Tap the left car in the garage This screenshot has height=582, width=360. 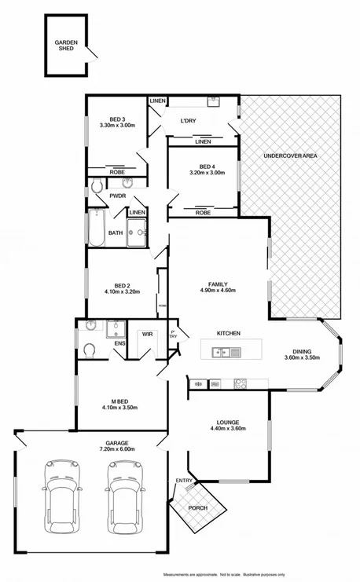tap(59, 495)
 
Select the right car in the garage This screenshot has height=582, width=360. tap(123, 495)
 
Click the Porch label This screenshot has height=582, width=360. tap(196, 507)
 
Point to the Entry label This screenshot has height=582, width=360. tap(184, 481)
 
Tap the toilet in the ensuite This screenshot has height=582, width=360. tap(89, 349)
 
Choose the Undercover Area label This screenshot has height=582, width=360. tap(290, 156)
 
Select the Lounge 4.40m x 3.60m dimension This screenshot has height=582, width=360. tap(229, 429)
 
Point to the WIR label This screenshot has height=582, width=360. tap(146, 334)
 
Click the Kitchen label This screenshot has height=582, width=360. tap(228, 334)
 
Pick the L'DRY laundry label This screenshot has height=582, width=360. tap(188, 120)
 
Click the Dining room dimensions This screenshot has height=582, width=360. tap(302, 358)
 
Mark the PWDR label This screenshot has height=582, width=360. tap(118, 196)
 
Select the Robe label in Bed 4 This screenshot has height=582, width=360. tap(203, 213)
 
